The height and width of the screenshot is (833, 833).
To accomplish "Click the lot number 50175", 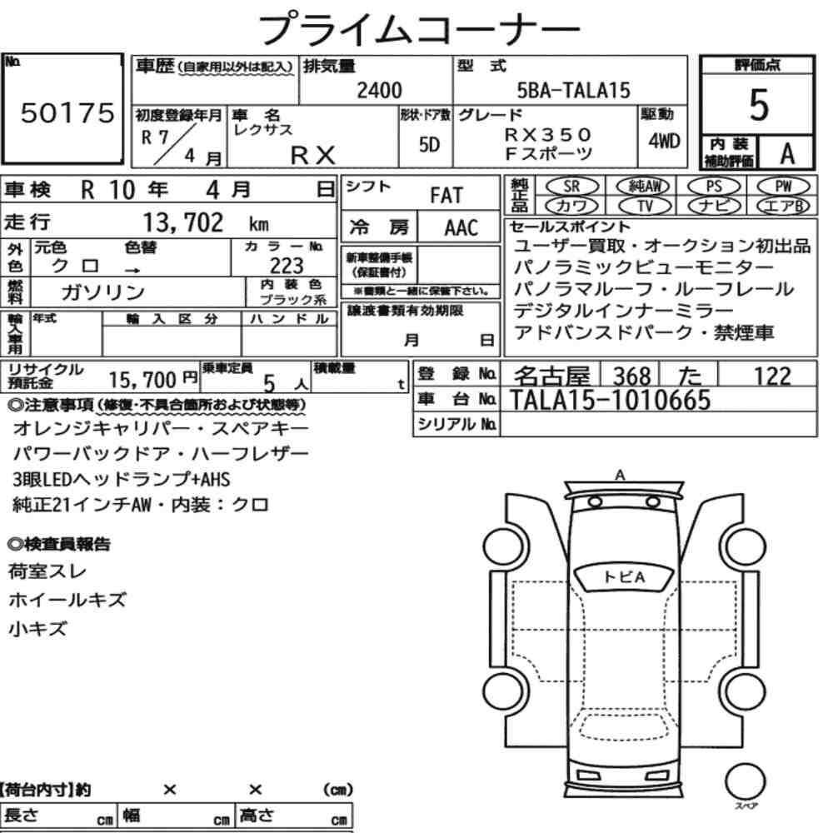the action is tap(67, 112).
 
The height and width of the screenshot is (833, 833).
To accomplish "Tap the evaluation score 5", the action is tap(759, 105).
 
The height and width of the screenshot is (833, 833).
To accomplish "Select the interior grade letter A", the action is tap(787, 154).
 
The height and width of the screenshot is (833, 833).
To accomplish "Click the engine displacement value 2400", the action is tap(379, 90).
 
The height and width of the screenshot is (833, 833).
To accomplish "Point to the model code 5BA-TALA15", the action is tap(573, 90).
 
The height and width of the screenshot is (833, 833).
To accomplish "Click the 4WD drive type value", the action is tap(664, 141).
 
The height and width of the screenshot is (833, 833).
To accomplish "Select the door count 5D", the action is tap(429, 144).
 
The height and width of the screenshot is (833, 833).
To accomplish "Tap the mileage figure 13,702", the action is tap(183, 222).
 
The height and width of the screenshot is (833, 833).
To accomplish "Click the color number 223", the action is tap(287, 266).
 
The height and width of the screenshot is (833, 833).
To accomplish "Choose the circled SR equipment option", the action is tap(571, 187).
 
